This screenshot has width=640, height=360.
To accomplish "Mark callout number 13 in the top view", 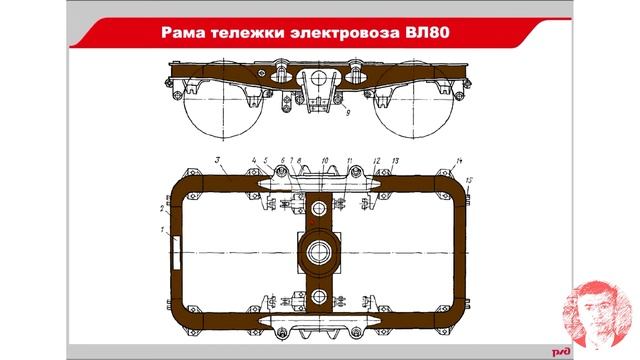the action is (396, 161).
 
